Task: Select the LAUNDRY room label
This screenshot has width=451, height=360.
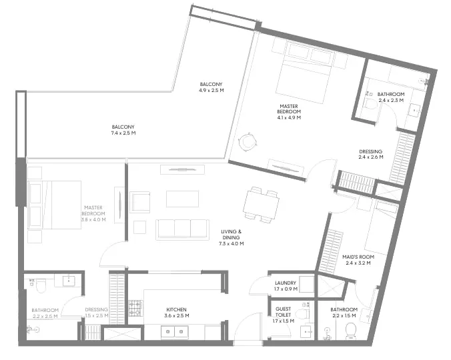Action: (x=286, y=286)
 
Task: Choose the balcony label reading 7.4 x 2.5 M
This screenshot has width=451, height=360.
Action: (x=123, y=130)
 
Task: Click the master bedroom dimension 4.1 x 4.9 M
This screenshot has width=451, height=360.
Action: (x=290, y=117)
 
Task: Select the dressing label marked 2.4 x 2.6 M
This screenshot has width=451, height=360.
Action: (x=370, y=157)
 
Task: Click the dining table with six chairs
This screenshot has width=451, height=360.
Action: (x=260, y=204)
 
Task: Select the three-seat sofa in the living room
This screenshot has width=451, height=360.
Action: (x=182, y=229)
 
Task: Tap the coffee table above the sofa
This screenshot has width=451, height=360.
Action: (x=182, y=199)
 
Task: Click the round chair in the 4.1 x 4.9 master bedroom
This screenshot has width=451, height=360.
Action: (x=247, y=141)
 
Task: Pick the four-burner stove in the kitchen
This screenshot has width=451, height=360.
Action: (x=135, y=307)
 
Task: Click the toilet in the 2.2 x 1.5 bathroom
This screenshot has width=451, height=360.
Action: (x=351, y=331)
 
